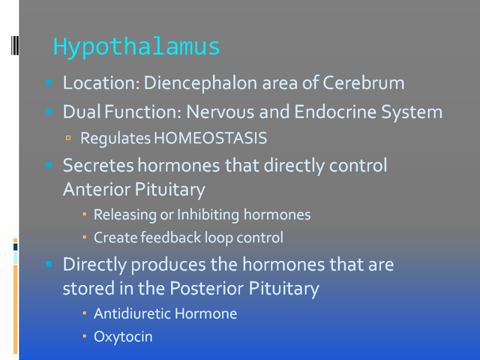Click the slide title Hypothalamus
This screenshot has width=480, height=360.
[137, 47]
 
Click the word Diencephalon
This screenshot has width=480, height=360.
[200, 83]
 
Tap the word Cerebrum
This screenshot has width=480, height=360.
[364, 83]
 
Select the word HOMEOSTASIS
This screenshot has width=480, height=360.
[211, 138]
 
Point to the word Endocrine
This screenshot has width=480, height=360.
[335, 112]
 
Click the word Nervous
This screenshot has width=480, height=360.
[220, 112]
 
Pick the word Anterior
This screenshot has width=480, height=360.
[97, 189]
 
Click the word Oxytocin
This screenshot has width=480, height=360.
[123, 337]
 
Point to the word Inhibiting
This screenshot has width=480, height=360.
[208, 215]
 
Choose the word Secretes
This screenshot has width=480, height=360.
[98, 166]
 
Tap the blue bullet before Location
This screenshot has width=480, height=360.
[49, 82]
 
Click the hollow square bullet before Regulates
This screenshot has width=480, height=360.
[68, 138]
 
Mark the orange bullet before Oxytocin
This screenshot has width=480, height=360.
[85, 336]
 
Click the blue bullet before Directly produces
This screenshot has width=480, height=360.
[49, 263]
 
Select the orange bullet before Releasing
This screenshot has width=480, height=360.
[85, 214]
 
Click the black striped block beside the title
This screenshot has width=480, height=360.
[15, 46]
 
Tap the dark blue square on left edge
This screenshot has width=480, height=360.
[16, 247]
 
